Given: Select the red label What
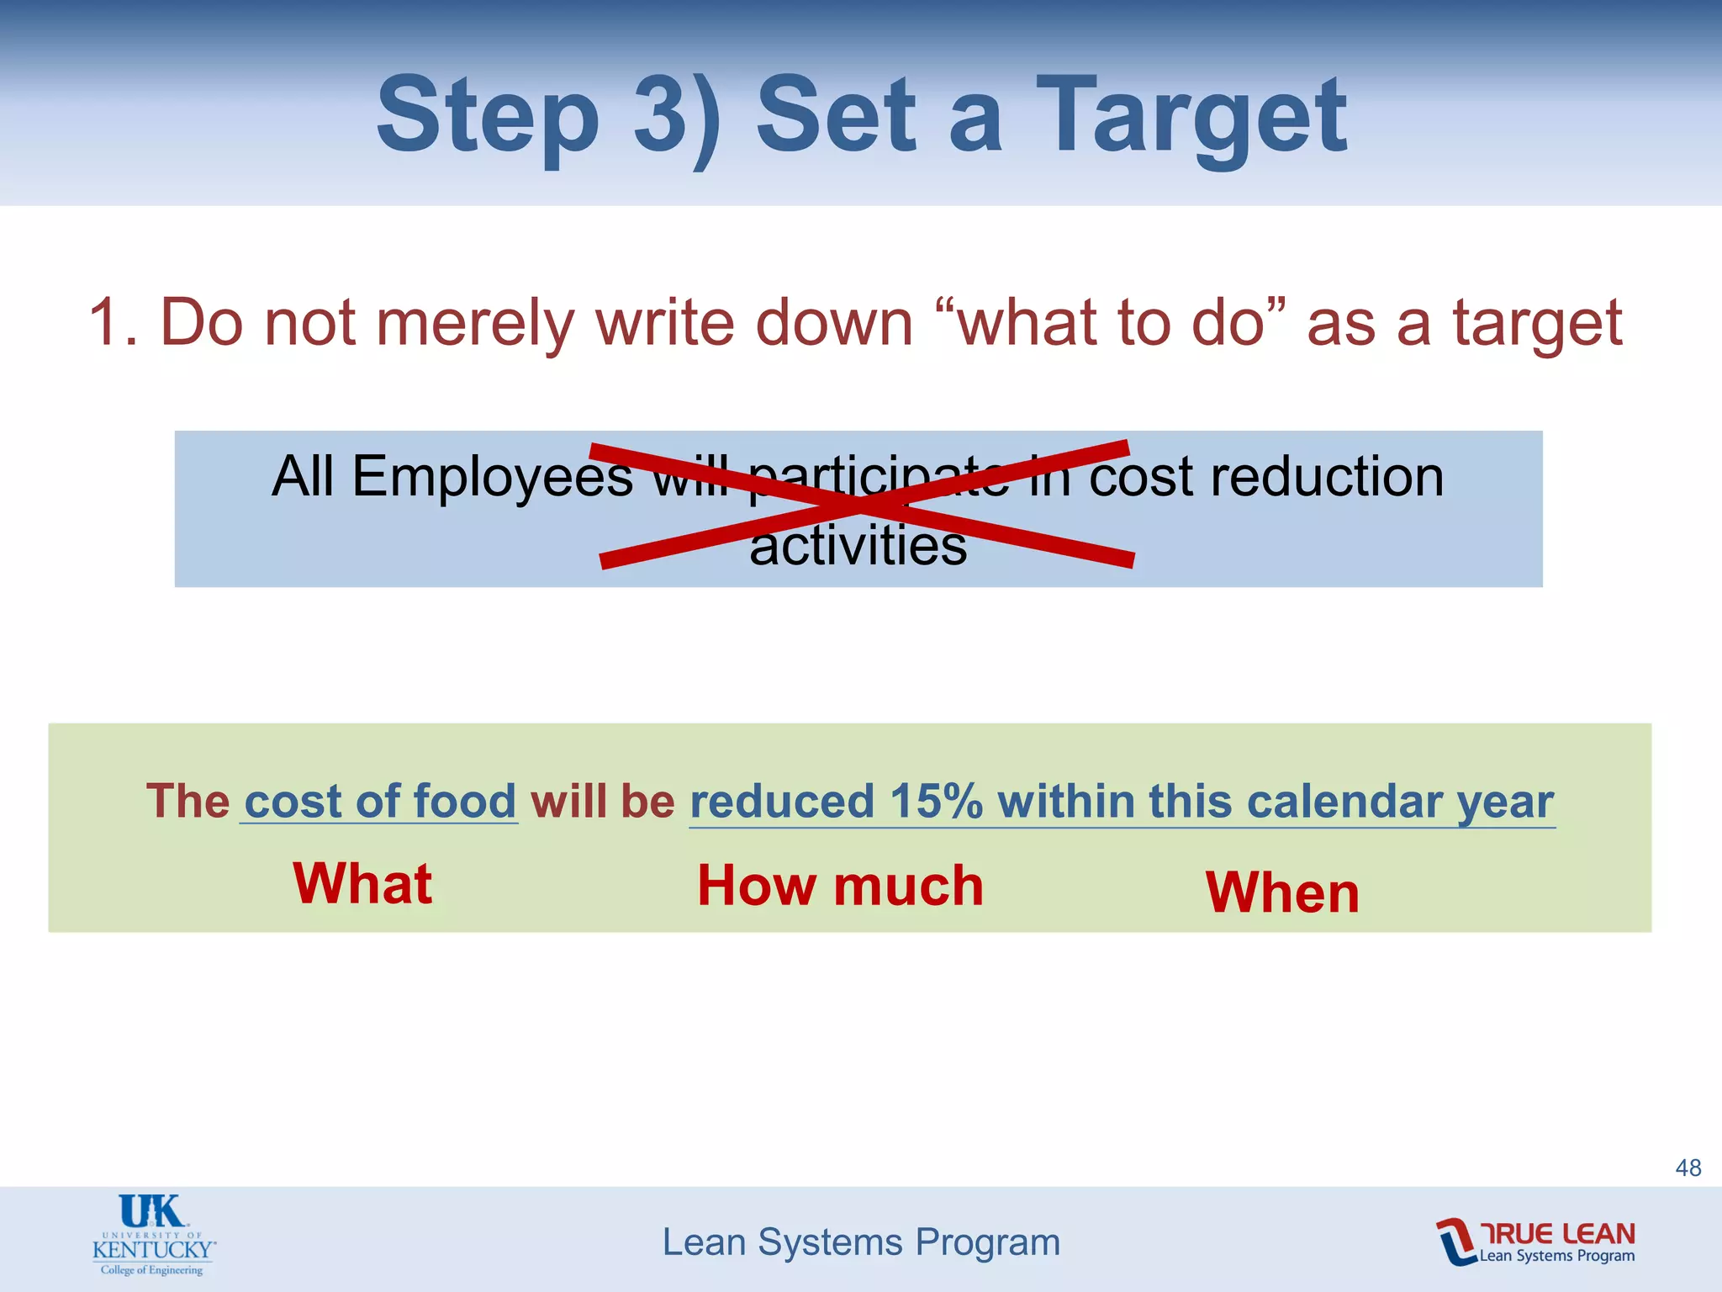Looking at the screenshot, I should tap(362, 884).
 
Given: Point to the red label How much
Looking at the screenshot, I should tap(840, 886).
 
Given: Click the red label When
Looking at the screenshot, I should tap(1282, 892).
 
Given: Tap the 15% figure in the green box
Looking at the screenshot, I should tap(936, 801).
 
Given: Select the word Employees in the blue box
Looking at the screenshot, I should tap(492, 477).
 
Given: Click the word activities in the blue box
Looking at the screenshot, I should tap(858, 546).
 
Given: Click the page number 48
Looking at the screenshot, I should tap(1688, 1168).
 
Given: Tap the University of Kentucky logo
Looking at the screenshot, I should tap(153, 1235).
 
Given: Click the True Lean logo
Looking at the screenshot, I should tap(1535, 1242).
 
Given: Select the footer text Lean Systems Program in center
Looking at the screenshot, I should tap(861, 1242).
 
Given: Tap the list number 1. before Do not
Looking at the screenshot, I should tap(113, 322).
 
